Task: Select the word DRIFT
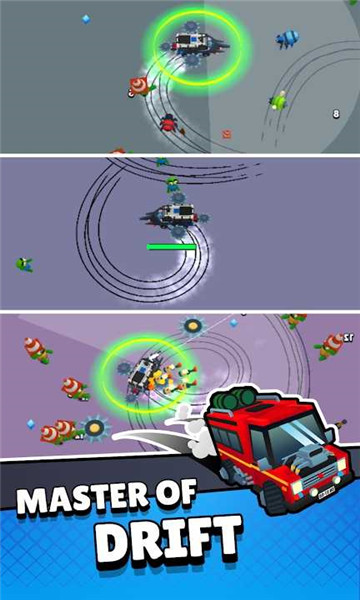pyautogui.click(x=169, y=540)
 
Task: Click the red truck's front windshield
pyautogui.click(x=296, y=436)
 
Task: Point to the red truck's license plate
pyautogui.click(x=326, y=494)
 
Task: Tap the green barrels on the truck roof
pyautogui.click(x=235, y=398)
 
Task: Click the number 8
pyautogui.click(x=336, y=114)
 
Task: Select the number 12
pyautogui.click(x=348, y=337)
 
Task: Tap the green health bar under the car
pyautogui.click(x=171, y=247)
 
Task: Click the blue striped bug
pyautogui.click(x=287, y=38)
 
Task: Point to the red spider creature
pyautogui.click(x=168, y=123)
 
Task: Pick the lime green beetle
pyautogui.click(x=279, y=100)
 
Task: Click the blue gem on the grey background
pyautogui.click(x=86, y=19)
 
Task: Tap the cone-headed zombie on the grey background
pyautogui.click(x=142, y=86)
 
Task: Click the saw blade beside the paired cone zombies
pyautogui.click(x=96, y=428)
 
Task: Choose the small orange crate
pyautogui.click(x=226, y=134)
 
